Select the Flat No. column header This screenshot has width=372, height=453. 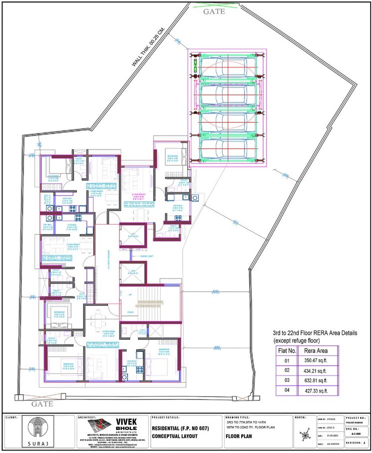pos(287,350)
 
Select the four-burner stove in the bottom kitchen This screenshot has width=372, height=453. pos(140,370)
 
